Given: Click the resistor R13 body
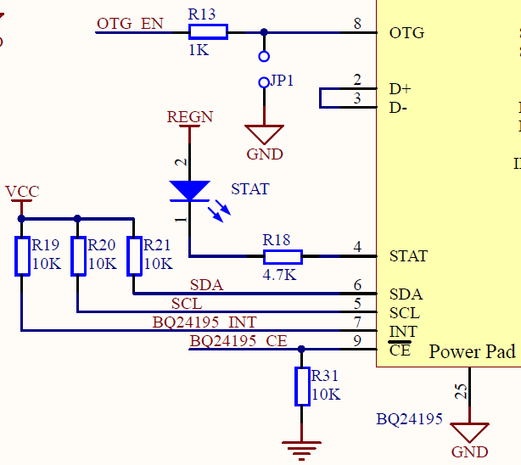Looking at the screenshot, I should pos(208,32).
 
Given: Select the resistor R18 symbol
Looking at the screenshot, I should pos(283,256).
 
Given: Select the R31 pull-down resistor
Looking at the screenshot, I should pos(302,386).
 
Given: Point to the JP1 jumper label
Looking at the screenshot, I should pos(282,81).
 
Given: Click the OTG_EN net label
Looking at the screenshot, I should pos(130,24).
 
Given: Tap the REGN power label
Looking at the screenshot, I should pos(190,117).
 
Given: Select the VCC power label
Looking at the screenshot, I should pos(22,192).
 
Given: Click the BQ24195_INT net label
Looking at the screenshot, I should pos(204,322).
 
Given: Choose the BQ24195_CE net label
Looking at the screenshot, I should pos(238,341).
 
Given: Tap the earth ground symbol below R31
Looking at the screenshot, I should pos(302,447).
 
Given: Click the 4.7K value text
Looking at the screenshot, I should pos(279,276).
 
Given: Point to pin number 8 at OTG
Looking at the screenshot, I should pos(358,25).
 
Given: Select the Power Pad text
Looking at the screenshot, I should pos(473,352).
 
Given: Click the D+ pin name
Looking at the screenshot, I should pos(400,88).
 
